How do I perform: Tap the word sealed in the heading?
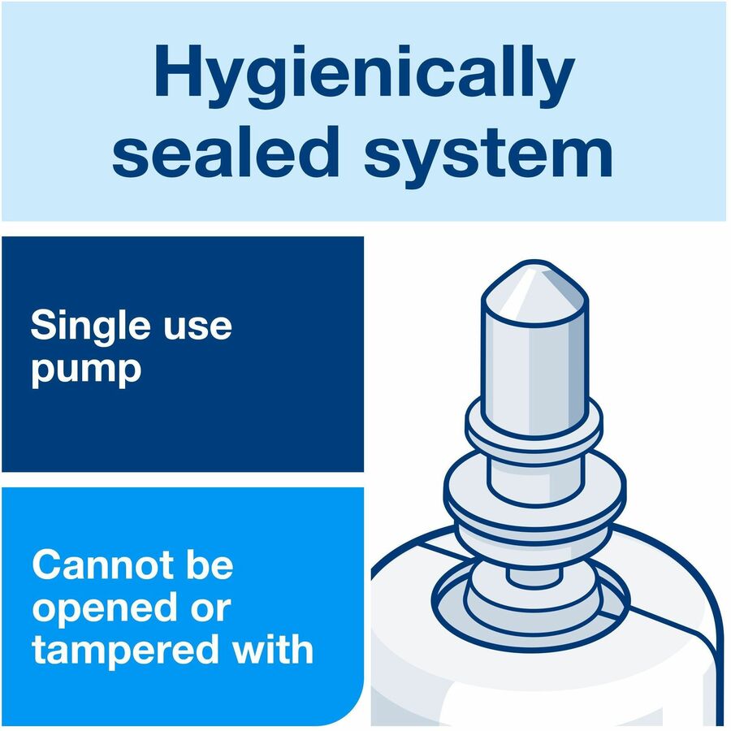click(x=225, y=152)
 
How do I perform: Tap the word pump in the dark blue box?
click(x=86, y=370)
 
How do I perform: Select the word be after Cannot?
click(x=210, y=564)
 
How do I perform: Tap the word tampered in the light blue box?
click(x=126, y=651)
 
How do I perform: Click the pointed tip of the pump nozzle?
click(x=534, y=262)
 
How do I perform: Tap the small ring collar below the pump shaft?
click(x=534, y=428)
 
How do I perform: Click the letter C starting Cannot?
click(x=45, y=565)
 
